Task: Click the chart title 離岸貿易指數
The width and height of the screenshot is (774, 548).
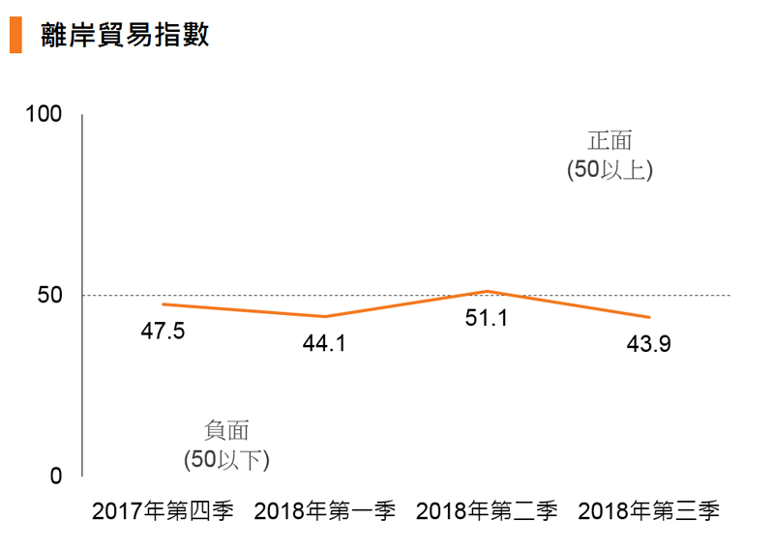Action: pos(126,35)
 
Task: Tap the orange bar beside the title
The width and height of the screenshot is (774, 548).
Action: pos(15,35)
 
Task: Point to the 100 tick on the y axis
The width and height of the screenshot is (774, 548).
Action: pos(45,114)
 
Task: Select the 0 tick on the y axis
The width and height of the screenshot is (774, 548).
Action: pos(56,476)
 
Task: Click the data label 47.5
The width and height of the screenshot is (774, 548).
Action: pos(163,331)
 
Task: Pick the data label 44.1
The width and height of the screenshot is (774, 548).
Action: pos(325,343)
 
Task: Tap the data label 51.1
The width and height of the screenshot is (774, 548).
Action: pos(487,317)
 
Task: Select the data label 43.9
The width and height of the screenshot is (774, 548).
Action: pos(649,343)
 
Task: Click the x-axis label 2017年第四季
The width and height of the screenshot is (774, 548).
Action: pos(163,511)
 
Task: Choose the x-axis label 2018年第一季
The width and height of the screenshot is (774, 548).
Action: pos(325,511)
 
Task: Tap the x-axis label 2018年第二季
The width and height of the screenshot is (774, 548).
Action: pos(487,511)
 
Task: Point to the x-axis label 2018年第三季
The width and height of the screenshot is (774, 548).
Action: pos(649,511)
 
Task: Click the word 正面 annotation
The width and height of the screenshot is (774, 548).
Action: pos(610,141)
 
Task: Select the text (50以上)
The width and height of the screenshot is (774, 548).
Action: pos(610,169)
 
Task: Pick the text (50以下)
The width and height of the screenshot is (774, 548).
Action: pos(227,459)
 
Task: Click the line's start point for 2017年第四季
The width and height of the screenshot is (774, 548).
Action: pos(163,304)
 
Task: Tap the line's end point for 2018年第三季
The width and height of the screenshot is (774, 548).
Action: pos(649,317)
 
